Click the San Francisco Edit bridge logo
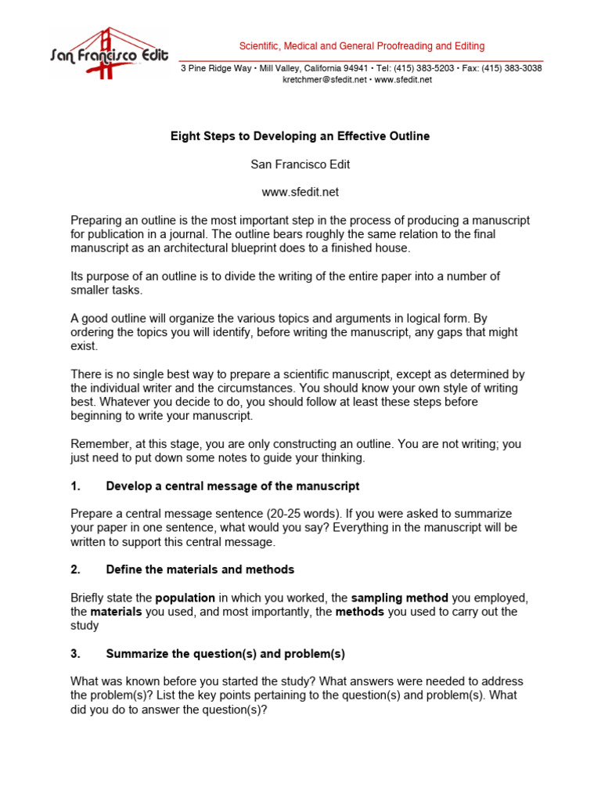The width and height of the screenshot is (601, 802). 109,52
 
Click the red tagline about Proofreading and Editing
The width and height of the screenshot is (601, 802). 362,46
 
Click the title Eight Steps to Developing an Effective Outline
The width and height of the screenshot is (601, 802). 300,136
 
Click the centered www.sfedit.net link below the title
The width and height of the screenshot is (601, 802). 300,192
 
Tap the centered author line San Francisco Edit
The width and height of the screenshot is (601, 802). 300,164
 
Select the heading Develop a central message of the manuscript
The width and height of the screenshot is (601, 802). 232,486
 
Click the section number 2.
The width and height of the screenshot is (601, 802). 76,569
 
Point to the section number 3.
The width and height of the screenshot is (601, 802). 76,653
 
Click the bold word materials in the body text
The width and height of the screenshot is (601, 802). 116,612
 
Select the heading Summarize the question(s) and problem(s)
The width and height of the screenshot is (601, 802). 225,653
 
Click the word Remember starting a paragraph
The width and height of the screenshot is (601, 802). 97,444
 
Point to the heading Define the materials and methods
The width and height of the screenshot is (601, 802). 200,569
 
